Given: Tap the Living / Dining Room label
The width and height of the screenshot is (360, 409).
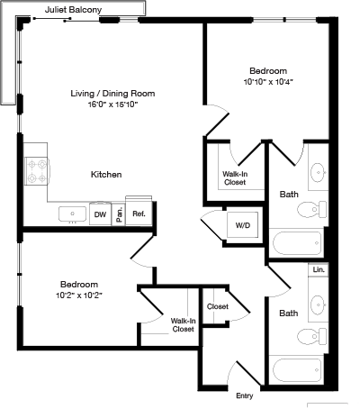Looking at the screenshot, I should [x=113, y=93].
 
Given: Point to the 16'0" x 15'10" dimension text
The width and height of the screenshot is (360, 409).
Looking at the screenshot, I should [x=112, y=105].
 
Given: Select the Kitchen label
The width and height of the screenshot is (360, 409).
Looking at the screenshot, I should [x=105, y=174].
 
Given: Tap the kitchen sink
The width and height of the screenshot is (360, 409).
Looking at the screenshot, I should [x=72, y=214].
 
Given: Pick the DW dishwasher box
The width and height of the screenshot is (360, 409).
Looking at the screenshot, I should [x=100, y=214].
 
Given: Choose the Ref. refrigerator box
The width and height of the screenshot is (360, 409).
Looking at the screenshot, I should [x=139, y=214].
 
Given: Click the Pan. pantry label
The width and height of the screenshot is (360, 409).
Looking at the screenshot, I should [x=119, y=214].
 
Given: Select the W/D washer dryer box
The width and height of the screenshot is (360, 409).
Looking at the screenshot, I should [x=243, y=224].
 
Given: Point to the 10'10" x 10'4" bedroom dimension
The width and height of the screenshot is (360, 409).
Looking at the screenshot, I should [x=268, y=82].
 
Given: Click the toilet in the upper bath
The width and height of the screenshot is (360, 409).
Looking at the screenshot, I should [x=307, y=210].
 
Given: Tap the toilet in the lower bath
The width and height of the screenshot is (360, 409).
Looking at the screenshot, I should [x=306, y=338].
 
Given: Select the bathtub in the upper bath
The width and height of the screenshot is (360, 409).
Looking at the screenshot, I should [x=295, y=243].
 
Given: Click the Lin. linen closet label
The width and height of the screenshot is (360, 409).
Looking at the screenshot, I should [x=318, y=269].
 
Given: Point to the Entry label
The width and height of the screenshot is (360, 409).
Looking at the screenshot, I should [x=244, y=395].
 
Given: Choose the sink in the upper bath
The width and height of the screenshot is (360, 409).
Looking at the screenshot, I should [x=318, y=172].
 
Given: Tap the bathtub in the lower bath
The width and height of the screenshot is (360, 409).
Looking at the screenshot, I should [x=295, y=371].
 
